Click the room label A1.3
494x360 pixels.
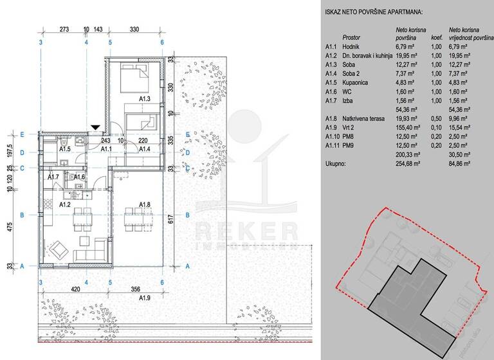pos(145,99)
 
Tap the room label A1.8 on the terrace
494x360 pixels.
pos(146,205)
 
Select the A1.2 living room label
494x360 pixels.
pos(64,205)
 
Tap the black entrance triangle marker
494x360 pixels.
pos(96,128)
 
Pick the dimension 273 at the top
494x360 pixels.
pos(64,30)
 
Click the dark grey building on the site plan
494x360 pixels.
pos(405,296)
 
